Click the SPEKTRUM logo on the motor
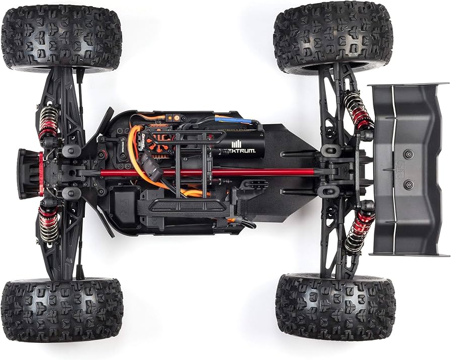[x=240, y=150]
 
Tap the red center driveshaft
[x=212, y=172]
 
